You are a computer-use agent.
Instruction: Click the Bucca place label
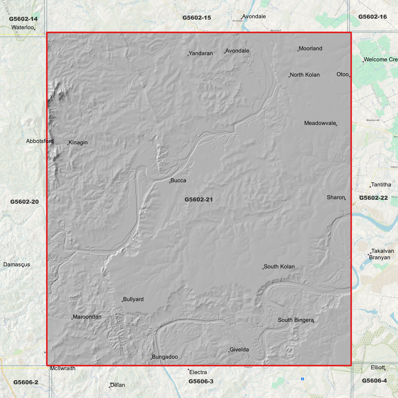click(x=178, y=181)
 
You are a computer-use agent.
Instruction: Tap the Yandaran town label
click(x=201, y=53)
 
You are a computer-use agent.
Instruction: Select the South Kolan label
click(x=279, y=267)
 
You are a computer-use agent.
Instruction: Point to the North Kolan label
click(x=305, y=75)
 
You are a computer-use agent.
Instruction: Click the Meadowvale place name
click(x=320, y=123)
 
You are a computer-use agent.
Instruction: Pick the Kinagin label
click(x=78, y=143)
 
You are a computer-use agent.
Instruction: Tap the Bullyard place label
click(x=133, y=299)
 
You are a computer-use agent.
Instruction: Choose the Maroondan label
click(x=87, y=317)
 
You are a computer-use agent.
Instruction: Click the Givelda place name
click(x=239, y=350)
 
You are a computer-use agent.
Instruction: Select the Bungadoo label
click(x=165, y=357)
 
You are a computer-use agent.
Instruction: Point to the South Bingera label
click(x=296, y=320)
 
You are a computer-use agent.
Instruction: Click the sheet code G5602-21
click(x=199, y=200)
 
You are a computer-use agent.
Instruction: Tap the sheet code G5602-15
click(x=197, y=18)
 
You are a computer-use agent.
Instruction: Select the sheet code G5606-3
click(x=201, y=381)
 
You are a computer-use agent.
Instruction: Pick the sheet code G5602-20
click(x=25, y=202)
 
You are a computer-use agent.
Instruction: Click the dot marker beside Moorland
click(x=298, y=51)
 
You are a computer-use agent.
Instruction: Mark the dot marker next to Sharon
click(x=345, y=199)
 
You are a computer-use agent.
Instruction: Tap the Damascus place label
click(x=17, y=265)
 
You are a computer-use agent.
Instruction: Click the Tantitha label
click(x=381, y=185)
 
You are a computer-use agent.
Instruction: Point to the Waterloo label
click(x=23, y=28)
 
